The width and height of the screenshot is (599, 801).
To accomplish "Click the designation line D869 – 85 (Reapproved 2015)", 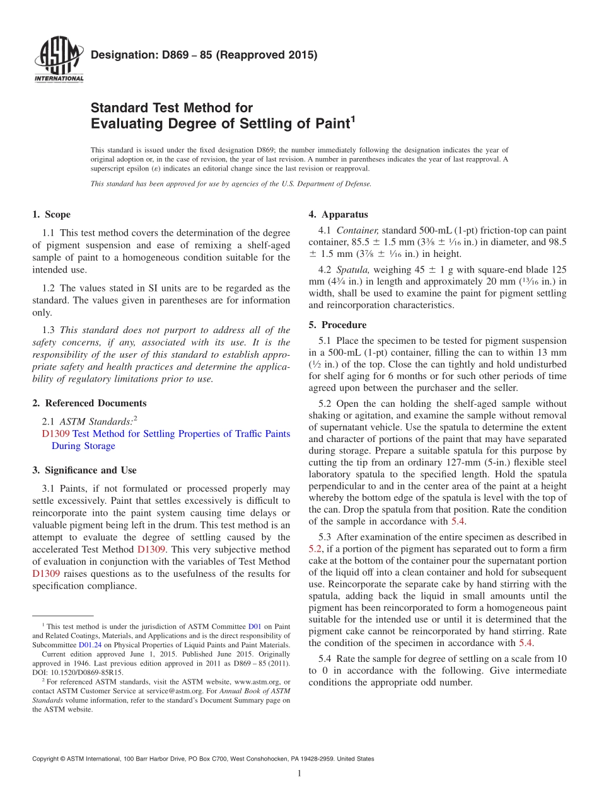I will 204,55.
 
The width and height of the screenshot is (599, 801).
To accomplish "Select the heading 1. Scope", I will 51,215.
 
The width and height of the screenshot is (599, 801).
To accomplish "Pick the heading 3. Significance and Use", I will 84,470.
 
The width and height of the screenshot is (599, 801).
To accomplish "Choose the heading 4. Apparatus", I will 338,215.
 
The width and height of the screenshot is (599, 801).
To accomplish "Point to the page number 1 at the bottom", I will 299,773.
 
